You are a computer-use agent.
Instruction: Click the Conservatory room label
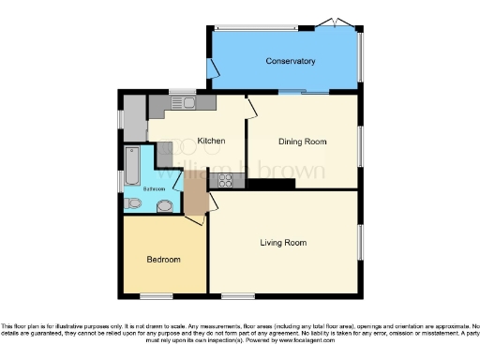pyautogui.click(x=290, y=62)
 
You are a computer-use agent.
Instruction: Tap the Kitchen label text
pyautogui.click(x=211, y=142)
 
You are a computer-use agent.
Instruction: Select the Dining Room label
pyautogui.click(x=303, y=142)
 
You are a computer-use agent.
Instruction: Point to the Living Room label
pyautogui.click(x=283, y=243)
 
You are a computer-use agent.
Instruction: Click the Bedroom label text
pyautogui.click(x=163, y=259)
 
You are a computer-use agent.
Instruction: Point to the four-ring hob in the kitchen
pyautogui.click(x=225, y=179)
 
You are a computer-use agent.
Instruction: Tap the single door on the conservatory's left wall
pyautogui.click(x=214, y=68)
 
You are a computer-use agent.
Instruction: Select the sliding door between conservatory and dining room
pyautogui.click(x=303, y=92)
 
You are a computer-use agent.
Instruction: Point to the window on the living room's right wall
pyautogui.click(x=361, y=242)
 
